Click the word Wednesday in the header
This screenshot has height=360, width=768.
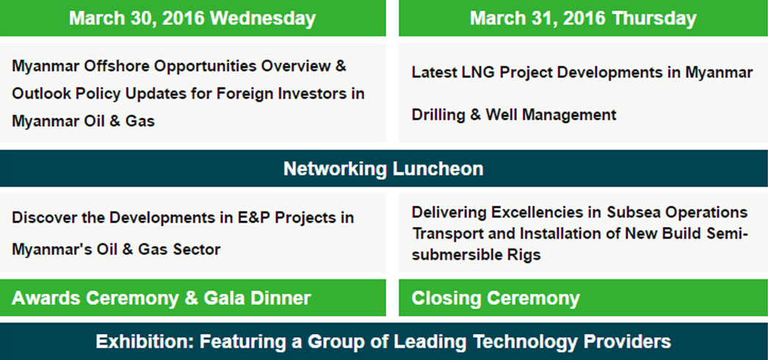263,18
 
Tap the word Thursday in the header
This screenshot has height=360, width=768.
654,18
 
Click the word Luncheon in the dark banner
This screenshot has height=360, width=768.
438,168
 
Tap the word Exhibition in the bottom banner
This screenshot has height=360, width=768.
145,342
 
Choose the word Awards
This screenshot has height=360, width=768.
46,298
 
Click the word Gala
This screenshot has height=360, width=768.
223,298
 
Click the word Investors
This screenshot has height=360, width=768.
311,93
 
